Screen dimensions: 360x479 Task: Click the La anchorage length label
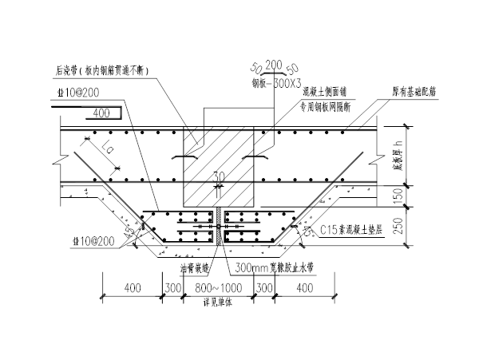pyautogui.click(x=105, y=148)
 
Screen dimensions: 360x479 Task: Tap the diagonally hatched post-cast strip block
pyautogui.click(x=220, y=152)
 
